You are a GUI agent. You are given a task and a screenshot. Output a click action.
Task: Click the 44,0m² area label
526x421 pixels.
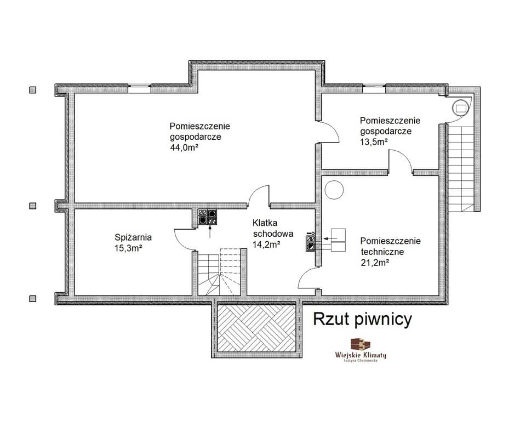pyautogui.click(x=182, y=147)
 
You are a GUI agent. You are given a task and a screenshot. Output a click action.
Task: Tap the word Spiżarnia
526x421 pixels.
pyautogui.click(x=133, y=237)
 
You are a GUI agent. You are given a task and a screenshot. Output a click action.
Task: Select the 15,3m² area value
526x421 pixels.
pyautogui.click(x=128, y=248)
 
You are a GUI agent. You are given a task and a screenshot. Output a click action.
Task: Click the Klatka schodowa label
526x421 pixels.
pyautogui.click(x=273, y=228)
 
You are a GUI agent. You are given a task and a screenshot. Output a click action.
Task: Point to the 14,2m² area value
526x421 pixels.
pyautogui.click(x=266, y=244)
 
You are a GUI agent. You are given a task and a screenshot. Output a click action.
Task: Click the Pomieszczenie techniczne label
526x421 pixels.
pyautogui.click(x=391, y=246)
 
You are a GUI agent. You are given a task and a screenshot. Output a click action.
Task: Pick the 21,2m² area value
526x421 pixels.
pyautogui.click(x=375, y=263)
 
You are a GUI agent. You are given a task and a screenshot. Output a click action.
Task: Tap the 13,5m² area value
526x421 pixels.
pyautogui.click(x=374, y=141)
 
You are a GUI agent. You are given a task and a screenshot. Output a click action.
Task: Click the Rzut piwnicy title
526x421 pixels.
pyautogui.click(x=362, y=319)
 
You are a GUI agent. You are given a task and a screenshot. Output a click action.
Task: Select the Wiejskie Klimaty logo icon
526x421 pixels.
pyautogui.click(x=361, y=344)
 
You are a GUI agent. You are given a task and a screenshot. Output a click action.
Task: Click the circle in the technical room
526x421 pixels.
pyautogui.click(x=334, y=190)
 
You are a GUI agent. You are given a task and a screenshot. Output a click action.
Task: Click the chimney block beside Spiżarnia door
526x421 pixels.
pyautogui.click(x=207, y=217)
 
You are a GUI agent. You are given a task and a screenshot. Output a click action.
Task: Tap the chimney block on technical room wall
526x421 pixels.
pyautogui.click(x=311, y=243)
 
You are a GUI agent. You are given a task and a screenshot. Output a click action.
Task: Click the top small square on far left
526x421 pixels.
pyautogui.click(x=32, y=90)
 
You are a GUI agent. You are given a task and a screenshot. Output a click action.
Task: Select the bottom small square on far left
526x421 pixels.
pyautogui.click(x=32, y=298)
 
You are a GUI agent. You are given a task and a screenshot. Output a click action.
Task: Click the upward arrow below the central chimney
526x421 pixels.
pyautogui.click(x=210, y=232)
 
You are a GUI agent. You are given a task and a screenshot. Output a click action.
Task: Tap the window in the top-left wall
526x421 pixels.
pyautogui.click(x=140, y=87)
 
